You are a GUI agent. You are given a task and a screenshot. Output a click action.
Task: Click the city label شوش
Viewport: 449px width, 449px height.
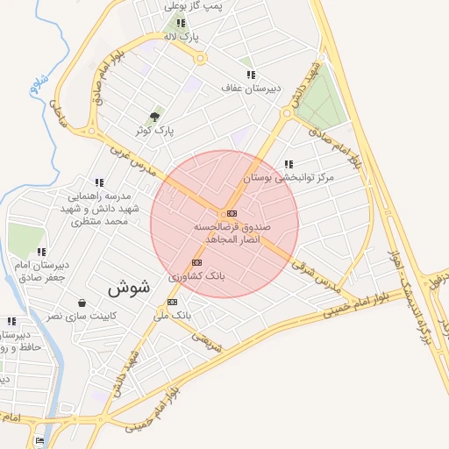[x=129, y=287]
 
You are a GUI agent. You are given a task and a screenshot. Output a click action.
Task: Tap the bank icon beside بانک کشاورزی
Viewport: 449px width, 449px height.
[x=196, y=262]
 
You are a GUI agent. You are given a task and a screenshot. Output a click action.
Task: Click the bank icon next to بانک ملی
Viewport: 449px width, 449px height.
[x=171, y=302]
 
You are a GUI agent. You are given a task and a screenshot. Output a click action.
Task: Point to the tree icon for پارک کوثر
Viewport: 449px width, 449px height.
[x=155, y=117]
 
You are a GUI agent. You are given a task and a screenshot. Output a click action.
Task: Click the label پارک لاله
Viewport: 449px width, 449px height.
[x=185, y=37]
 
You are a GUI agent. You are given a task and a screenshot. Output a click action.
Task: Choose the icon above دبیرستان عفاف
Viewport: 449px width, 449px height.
[x=251, y=75]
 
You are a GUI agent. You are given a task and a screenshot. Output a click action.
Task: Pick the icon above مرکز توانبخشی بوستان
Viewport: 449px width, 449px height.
[x=289, y=164]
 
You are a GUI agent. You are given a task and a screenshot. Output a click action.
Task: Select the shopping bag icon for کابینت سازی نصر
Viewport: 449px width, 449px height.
[x=82, y=303]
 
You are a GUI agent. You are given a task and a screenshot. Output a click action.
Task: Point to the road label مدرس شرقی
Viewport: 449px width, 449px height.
[x=315, y=274]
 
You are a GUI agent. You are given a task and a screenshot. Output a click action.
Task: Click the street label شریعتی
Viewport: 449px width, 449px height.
[x=208, y=341]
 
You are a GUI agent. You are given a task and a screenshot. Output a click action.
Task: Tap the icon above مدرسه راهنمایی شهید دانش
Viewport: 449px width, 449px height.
[x=99, y=182]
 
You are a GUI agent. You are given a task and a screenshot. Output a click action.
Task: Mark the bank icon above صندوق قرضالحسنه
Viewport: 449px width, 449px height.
[x=232, y=213]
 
